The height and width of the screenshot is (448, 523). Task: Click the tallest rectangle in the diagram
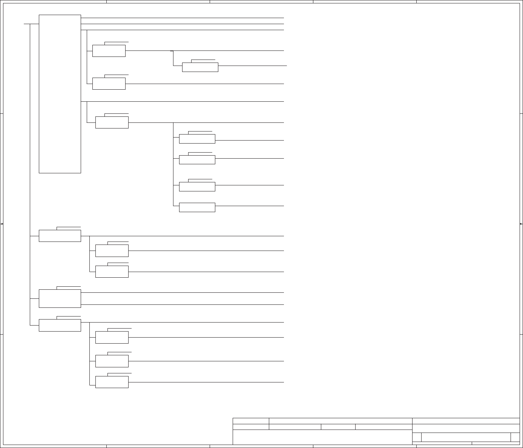[60, 94]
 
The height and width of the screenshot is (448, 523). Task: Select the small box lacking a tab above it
[197, 207]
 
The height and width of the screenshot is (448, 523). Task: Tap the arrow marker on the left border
[2, 224]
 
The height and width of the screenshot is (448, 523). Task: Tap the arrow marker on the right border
[521, 224]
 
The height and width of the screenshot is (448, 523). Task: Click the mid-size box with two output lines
[60, 298]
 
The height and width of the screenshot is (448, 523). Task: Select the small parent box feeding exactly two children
[60, 236]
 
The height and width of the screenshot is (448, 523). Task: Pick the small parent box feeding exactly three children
[60, 325]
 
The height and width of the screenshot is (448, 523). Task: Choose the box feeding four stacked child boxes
[112, 122]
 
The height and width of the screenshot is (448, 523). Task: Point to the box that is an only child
[200, 67]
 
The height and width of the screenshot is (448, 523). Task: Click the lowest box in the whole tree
[112, 382]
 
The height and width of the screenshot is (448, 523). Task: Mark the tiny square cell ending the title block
[515, 437]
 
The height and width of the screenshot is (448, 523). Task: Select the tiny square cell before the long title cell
[417, 437]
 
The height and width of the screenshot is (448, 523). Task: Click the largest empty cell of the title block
[322, 437]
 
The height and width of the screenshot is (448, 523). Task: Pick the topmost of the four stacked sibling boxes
[197, 139]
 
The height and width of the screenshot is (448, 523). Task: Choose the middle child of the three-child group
[112, 361]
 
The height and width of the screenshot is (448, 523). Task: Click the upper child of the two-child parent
[112, 251]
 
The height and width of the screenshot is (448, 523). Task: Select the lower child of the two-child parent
[112, 271]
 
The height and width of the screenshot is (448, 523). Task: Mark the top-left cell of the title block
[251, 421]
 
